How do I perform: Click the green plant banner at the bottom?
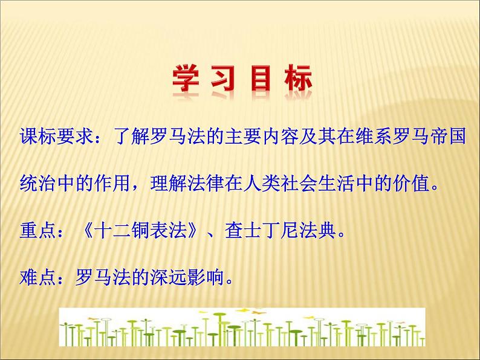point(242,327)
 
